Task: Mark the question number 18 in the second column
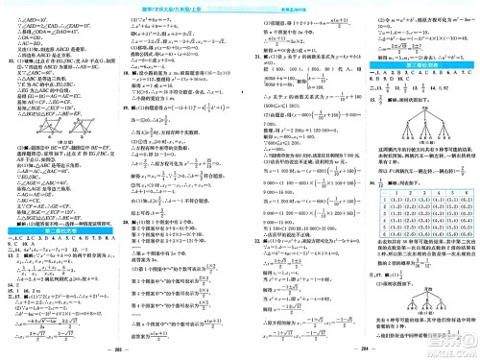point(129,72)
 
